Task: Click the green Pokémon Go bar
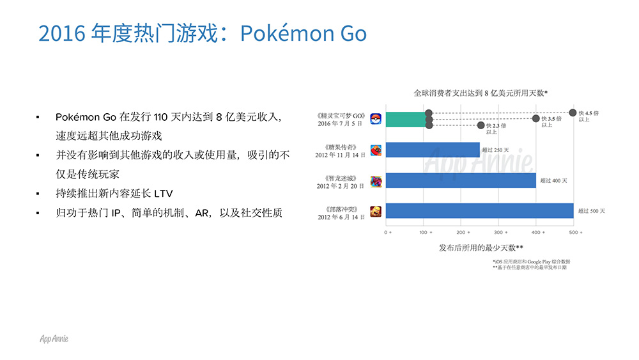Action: click(406, 120)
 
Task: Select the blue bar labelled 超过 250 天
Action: click(433, 150)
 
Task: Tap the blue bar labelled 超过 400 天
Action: click(461, 180)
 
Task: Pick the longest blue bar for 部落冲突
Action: click(480, 211)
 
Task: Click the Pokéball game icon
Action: click(376, 119)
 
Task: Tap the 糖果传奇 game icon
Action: click(376, 150)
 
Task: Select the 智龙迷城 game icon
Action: click(376, 182)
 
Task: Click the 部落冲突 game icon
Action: click(376, 211)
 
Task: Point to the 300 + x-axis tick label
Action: click(501, 232)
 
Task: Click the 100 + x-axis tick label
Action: click(426, 232)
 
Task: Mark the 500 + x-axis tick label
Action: click(576, 232)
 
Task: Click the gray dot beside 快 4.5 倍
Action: click(573, 113)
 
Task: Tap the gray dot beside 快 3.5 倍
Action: click(536, 118)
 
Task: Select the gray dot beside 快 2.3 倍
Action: click(481, 125)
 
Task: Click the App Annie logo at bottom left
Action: click(54, 339)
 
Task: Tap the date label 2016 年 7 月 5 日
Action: click(340, 123)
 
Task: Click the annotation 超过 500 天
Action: click(591, 211)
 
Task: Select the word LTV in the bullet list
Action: click(164, 193)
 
